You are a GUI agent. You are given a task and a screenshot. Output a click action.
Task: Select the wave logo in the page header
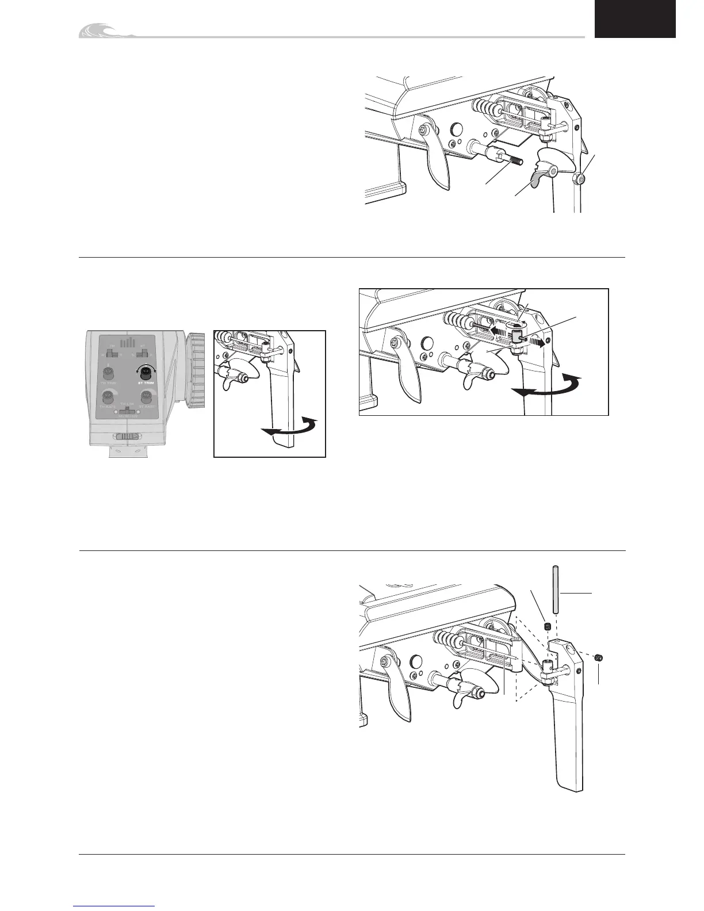(106, 32)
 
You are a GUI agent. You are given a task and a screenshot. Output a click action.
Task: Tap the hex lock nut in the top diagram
(581, 180)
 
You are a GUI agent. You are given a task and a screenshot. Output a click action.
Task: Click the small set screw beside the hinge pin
(548, 626)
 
